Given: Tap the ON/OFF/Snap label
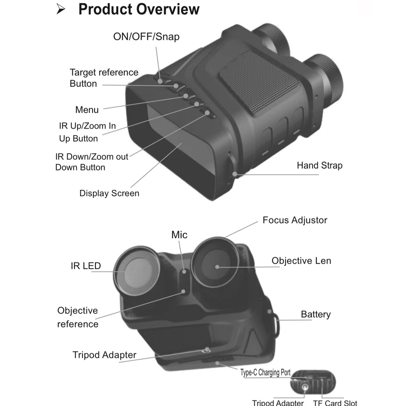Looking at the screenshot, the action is point(146,37).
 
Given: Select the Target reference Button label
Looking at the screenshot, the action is point(104,78).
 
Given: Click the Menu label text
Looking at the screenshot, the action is point(87,110).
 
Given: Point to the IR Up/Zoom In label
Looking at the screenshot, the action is point(87,126).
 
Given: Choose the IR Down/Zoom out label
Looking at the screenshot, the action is point(92,156).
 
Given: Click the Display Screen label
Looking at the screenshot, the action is point(109,193).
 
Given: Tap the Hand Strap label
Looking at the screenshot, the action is point(320,165).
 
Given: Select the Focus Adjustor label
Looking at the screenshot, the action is point(295,220).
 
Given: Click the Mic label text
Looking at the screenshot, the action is point(179,235).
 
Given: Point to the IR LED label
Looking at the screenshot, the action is point(86,266).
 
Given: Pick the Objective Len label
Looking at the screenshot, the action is point(301,260).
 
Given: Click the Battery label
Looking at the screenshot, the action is point(315,314).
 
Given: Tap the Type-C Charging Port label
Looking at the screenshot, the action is point(266,372).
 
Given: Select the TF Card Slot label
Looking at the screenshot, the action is point(335,403).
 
